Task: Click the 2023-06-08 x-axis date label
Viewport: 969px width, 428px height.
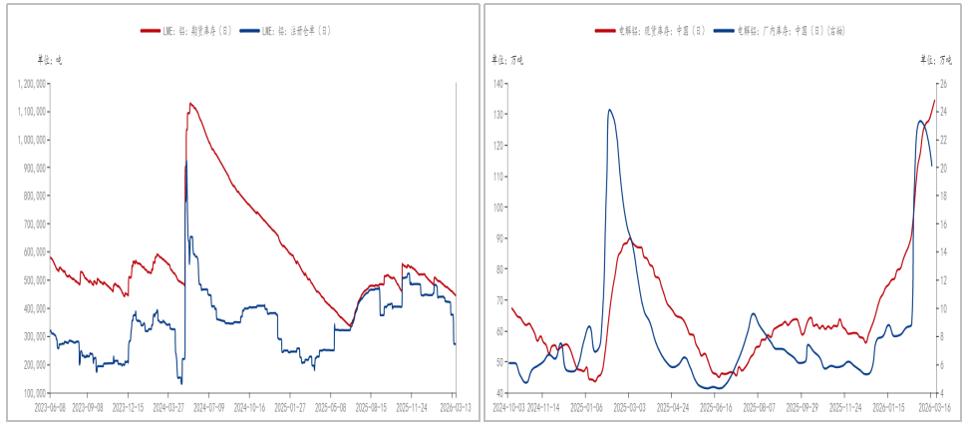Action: point(49,407)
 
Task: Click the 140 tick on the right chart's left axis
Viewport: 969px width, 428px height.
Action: point(498,83)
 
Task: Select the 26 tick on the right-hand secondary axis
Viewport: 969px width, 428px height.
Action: point(944,83)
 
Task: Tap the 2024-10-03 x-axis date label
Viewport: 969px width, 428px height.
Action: point(508,407)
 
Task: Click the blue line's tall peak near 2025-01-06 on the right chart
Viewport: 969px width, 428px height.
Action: point(609,110)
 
